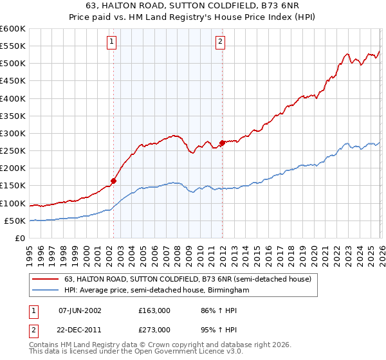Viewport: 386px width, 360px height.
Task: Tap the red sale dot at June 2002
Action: (114, 181)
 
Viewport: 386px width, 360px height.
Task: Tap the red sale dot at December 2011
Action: (223, 143)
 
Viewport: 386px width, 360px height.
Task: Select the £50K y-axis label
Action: (15, 221)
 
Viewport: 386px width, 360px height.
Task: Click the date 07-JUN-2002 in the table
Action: (80, 310)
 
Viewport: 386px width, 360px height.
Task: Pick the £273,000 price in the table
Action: (154, 329)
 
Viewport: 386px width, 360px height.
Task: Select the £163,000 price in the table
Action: (154, 310)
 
